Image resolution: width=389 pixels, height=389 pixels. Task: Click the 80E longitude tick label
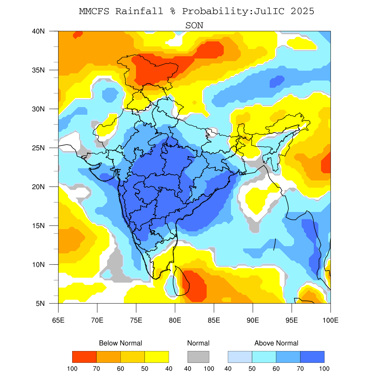click(175, 320)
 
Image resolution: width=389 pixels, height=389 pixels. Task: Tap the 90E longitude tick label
click(253, 320)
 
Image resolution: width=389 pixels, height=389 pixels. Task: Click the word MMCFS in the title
click(94, 11)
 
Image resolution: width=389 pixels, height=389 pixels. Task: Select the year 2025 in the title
click(302, 11)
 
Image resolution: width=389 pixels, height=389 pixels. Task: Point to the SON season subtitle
click(194, 26)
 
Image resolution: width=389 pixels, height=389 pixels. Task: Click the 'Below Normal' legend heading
click(120, 343)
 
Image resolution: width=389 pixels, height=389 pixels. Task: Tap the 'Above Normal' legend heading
click(276, 343)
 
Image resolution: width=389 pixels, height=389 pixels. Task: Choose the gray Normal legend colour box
click(198, 357)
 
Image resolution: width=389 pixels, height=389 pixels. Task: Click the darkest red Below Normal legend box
click(84, 357)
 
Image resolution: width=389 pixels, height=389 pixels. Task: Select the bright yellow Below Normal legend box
click(157, 357)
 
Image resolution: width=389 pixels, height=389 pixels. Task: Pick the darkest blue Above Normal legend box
click(312, 357)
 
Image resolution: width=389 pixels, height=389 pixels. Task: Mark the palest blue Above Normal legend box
click(240, 357)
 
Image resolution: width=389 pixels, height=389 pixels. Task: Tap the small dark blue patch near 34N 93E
click(277, 81)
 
